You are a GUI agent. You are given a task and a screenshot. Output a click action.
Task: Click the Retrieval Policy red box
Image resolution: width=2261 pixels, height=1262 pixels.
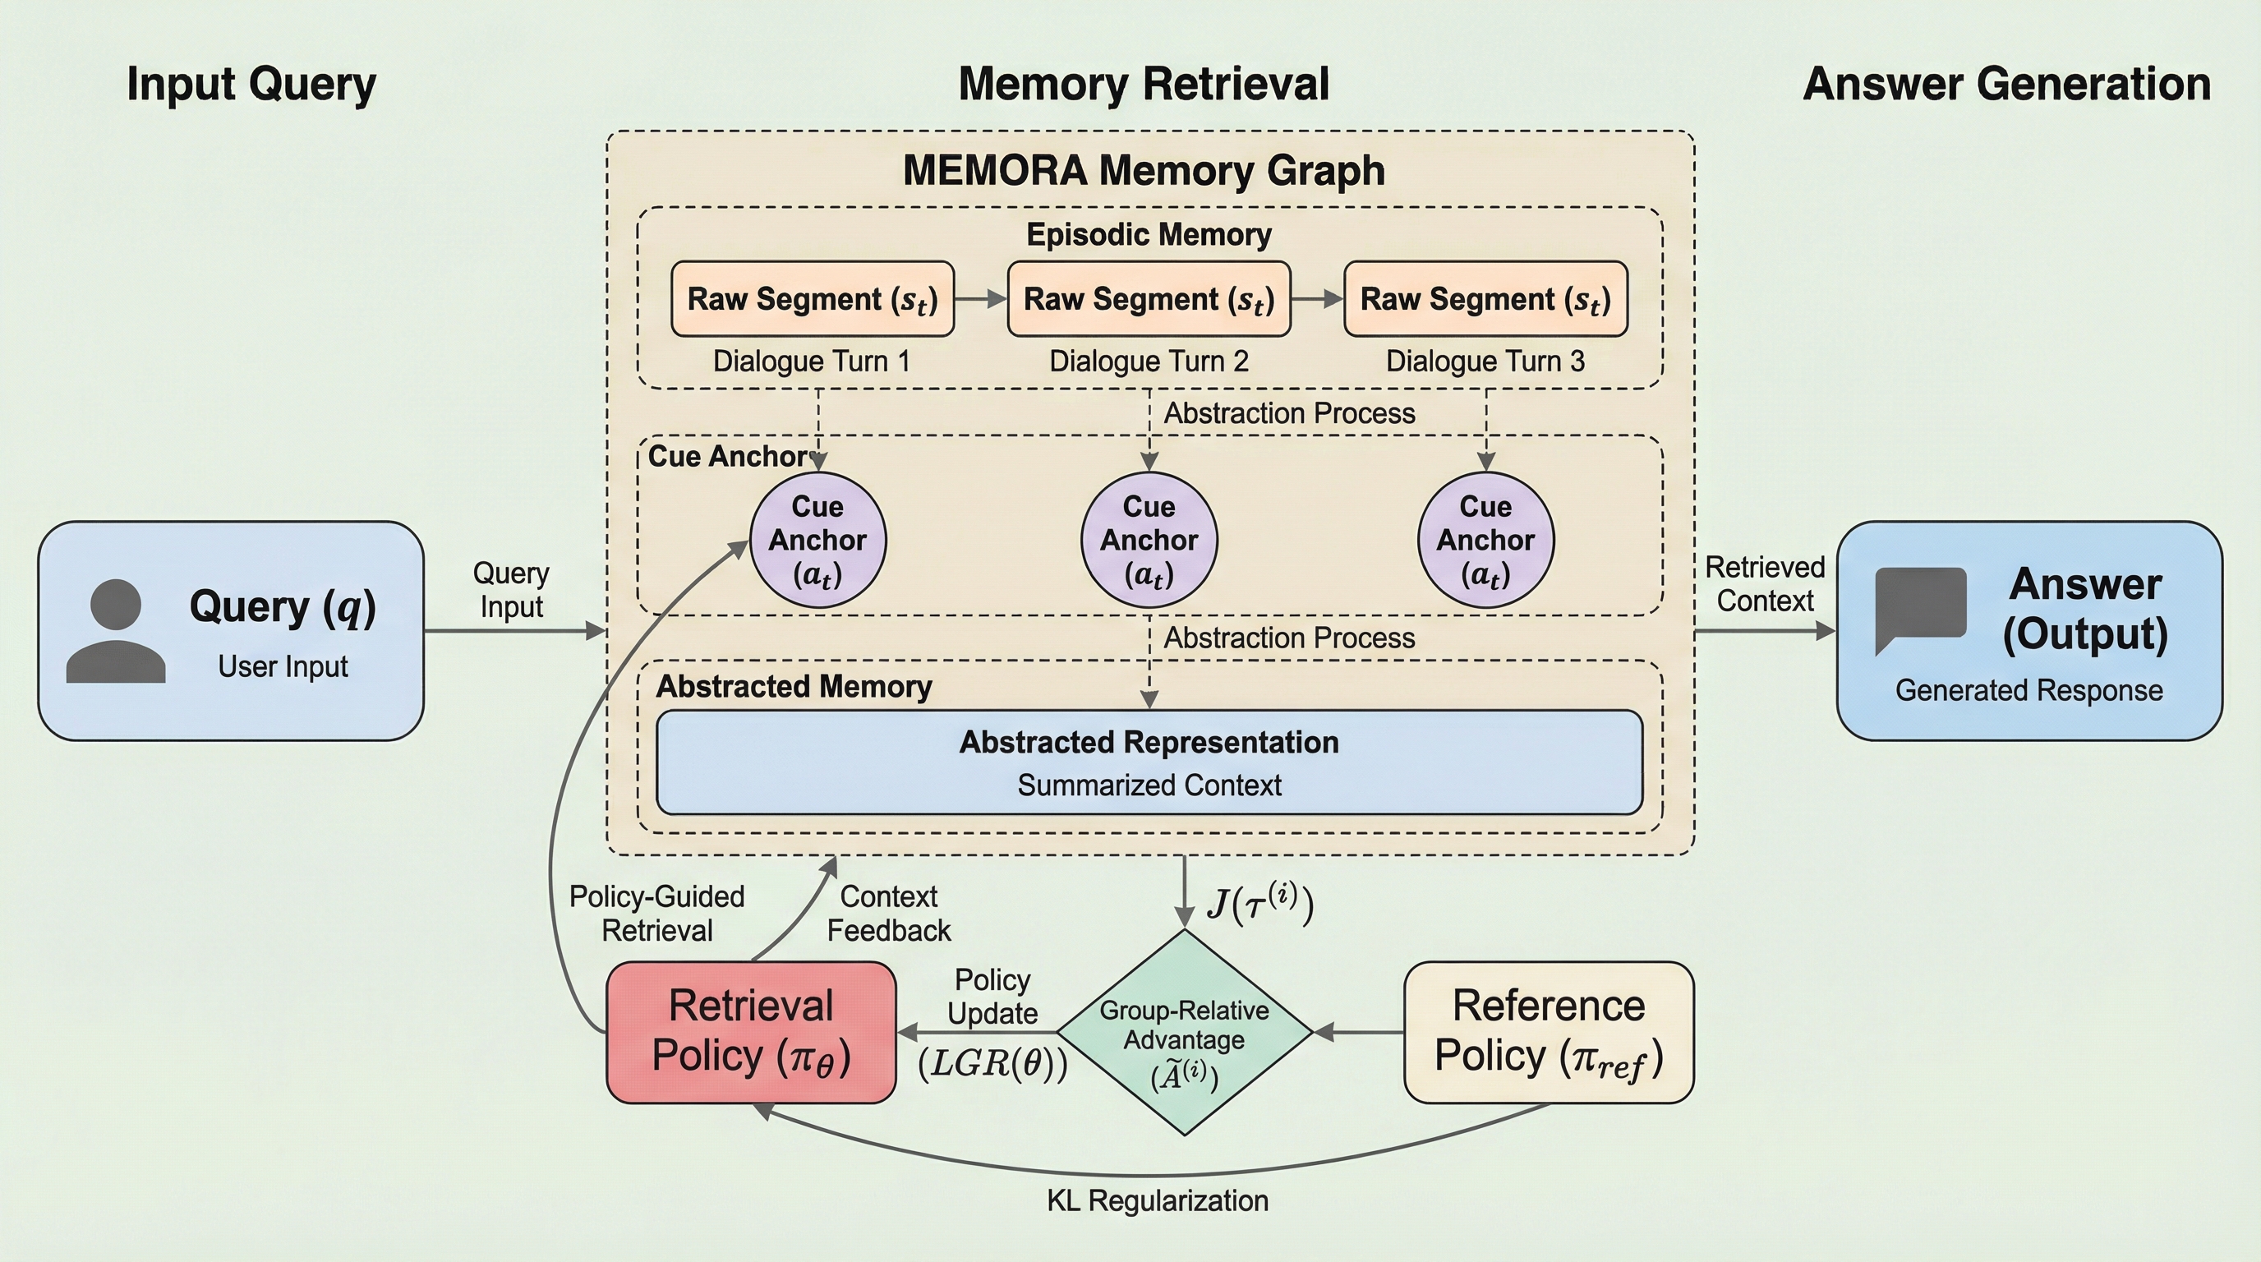point(750,1031)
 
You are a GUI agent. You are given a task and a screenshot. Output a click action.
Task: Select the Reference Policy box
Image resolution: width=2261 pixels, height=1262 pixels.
point(1549,1031)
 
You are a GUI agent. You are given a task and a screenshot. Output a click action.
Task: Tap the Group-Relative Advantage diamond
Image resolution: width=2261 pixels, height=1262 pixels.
point(1184,1033)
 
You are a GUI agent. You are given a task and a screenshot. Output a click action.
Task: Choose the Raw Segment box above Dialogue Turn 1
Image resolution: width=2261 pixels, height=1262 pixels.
point(812,298)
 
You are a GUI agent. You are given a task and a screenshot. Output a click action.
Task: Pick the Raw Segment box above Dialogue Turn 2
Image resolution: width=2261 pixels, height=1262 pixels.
point(1149,298)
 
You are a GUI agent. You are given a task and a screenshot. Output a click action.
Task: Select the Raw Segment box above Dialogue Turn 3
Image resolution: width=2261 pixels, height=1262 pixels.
point(1485,298)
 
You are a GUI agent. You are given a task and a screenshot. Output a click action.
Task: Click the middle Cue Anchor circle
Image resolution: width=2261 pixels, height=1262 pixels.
point(1149,540)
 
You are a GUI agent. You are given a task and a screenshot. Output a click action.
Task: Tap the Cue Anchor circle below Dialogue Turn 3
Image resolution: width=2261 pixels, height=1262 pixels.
point(1485,540)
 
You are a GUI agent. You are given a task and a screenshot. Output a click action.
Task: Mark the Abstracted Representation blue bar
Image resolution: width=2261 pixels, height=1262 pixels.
point(1149,762)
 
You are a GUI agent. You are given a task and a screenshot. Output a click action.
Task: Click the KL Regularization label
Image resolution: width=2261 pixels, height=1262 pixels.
point(1157,1200)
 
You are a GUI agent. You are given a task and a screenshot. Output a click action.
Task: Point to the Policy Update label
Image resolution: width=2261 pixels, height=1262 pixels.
point(992,997)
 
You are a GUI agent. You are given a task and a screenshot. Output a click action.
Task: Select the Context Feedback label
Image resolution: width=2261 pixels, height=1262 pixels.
point(888,914)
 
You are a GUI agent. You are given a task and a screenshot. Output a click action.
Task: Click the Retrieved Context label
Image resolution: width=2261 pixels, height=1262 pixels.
point(1764,584)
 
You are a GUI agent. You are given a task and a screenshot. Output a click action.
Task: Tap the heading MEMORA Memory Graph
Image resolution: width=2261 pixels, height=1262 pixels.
point(1144,170)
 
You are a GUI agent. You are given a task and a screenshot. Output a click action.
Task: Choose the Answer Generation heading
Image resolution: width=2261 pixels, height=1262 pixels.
point(2006,85)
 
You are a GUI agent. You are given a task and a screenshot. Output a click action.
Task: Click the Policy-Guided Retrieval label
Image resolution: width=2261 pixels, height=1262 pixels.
point(656,914)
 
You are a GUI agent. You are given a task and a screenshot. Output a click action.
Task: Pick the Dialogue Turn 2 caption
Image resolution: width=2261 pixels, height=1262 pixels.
point(1149,362)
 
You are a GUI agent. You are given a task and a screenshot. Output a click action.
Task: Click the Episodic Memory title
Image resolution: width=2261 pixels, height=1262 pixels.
point(1149,234)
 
